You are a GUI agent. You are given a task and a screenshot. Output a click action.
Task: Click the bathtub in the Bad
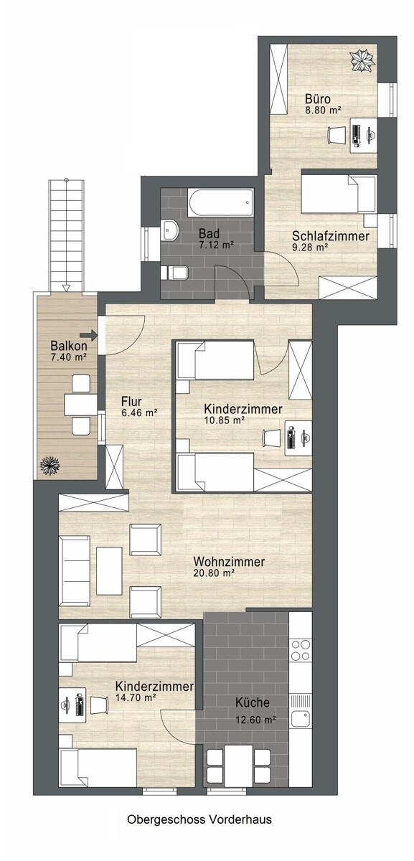pos(221,202)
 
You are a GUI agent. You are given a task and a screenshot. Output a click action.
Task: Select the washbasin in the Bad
pos(170,230)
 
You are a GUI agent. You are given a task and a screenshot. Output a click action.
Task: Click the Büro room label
pos(318,98)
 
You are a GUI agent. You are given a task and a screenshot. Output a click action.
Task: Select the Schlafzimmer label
pos(331,235)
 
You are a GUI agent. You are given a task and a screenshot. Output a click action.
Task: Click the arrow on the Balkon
pos(90,335)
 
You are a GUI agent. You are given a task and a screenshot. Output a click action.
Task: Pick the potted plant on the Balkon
pos(50,466)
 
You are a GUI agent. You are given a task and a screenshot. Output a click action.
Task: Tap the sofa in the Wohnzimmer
pos(75,571)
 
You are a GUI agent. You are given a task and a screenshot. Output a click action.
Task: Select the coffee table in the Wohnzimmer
pos(109,571)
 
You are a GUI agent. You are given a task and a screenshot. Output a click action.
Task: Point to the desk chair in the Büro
pos(337,135)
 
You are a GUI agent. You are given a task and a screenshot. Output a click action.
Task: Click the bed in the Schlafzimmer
pos(339,194)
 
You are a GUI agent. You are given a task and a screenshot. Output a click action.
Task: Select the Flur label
pos(131,402)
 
